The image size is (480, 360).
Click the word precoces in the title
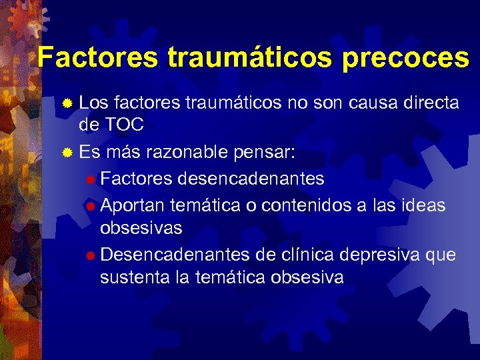tap(405, 58)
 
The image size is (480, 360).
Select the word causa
tap(370, 103)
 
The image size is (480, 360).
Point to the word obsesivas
tap(141, 227)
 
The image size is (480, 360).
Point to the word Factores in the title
tap(97, 58)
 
